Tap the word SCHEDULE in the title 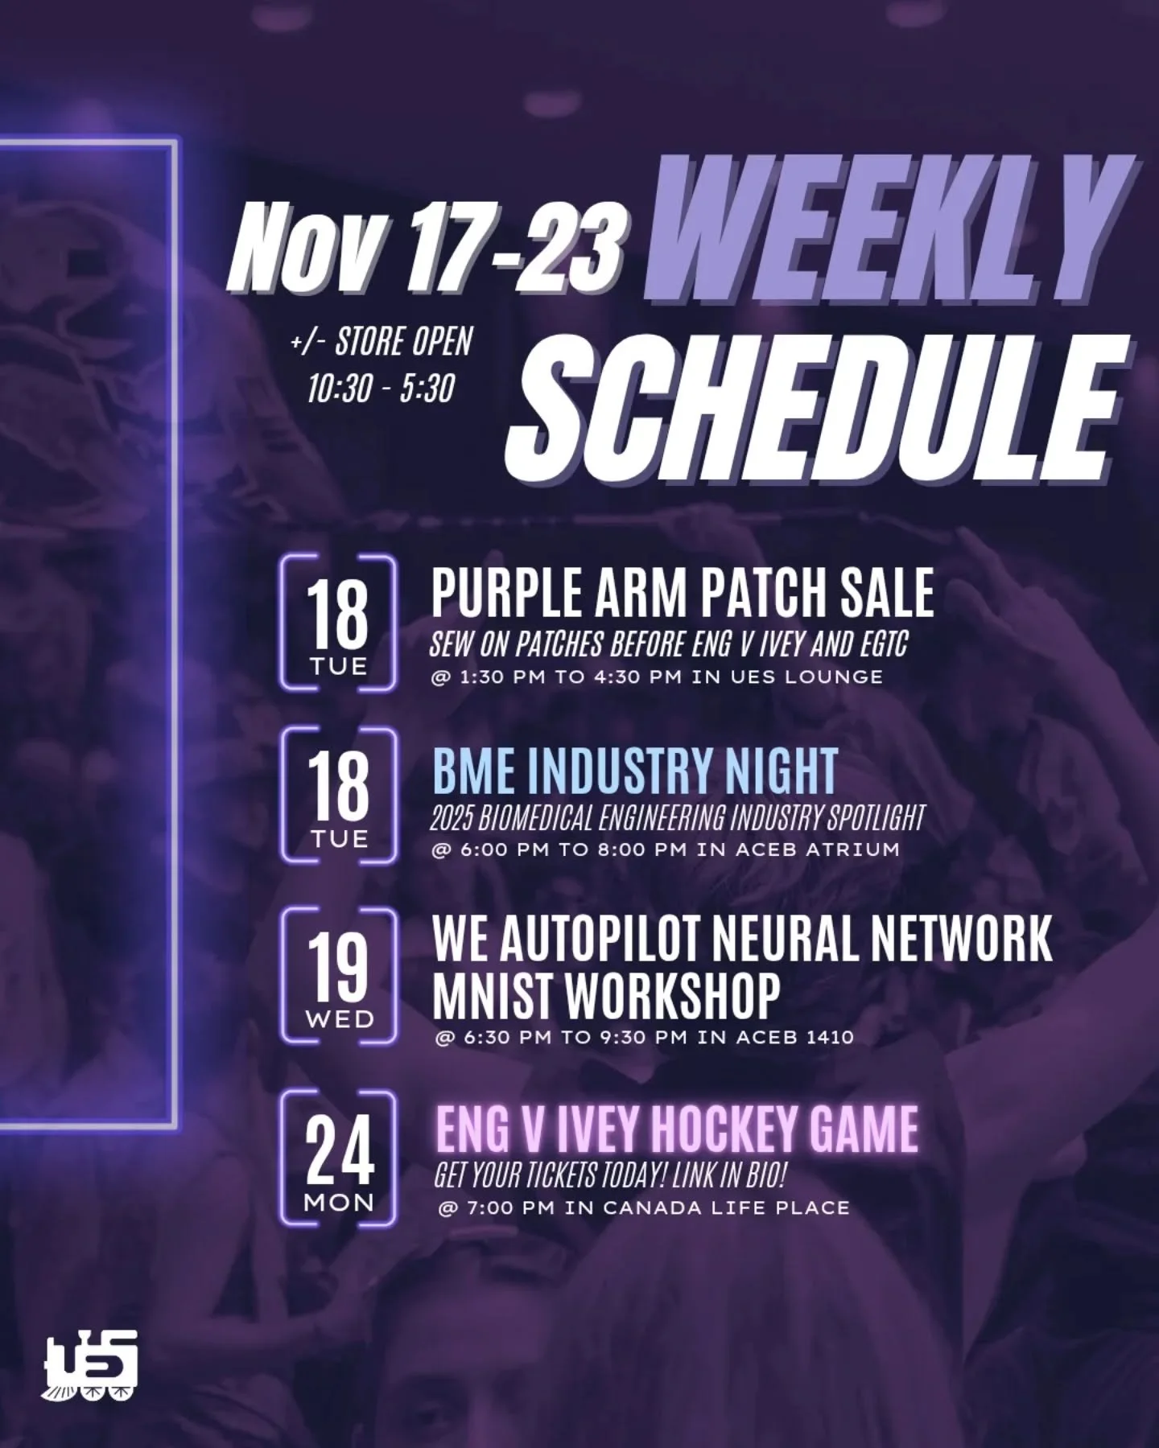(x=813, y=406)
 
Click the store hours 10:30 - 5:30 (x=381, y=389)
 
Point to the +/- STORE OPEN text (x=381, y=342)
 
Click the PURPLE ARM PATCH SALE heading (x=683, y=593)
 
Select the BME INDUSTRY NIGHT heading (x=634, y=770)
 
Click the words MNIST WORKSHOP (x=606, y=995)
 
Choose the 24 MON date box (x=339, y=1158)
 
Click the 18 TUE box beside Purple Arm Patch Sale (x=339, y=623)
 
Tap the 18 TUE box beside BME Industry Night (x=339, y=796)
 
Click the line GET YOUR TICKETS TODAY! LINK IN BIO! (x=609, y=1176)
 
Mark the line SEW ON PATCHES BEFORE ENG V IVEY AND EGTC (x=668, y=644)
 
